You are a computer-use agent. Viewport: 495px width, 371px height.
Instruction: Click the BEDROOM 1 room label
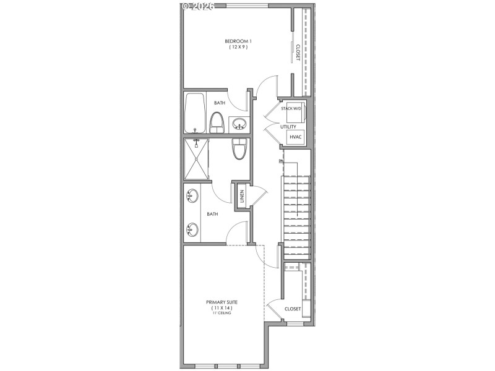[238, 41]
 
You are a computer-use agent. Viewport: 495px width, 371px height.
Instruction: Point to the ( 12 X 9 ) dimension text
[238, 47]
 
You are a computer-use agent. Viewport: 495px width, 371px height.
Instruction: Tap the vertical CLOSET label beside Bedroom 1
[298, 52]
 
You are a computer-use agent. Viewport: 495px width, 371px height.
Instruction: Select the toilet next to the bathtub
[217, 122]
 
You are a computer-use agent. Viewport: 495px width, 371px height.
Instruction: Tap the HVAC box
[295, 137]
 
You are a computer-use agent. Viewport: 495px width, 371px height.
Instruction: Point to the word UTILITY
[288, 127]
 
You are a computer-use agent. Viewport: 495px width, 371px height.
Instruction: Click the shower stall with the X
[197, 158]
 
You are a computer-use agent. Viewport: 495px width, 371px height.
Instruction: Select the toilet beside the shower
[239, 148]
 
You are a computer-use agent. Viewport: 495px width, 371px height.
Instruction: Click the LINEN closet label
[243, 197]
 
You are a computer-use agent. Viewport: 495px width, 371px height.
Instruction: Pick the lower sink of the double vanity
[192, 230]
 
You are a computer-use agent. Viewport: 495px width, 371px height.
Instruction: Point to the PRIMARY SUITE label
[222, 302]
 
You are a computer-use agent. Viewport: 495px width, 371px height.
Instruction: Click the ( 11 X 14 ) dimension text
[222, 308]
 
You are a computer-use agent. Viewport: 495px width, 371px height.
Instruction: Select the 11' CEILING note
[222, 313]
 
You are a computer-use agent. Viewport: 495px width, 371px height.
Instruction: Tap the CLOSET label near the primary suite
[293, 309]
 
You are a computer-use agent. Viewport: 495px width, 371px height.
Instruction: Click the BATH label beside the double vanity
[212, 214]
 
